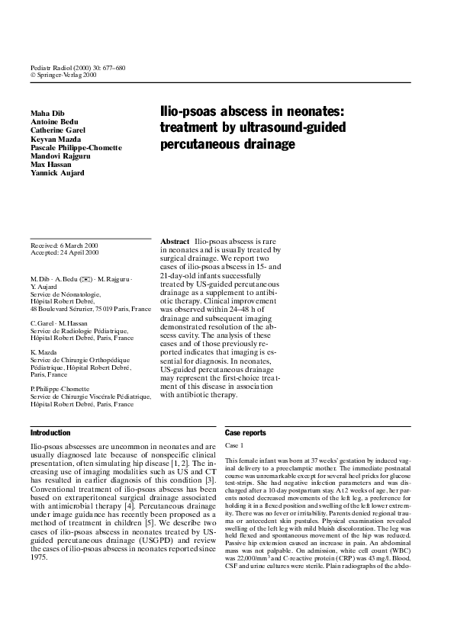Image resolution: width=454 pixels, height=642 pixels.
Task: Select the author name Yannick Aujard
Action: click(x=57, y=172)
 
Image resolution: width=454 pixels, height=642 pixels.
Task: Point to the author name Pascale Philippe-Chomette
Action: click(x=76, y=147)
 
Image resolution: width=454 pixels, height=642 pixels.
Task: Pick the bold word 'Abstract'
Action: click(x=175, y=240)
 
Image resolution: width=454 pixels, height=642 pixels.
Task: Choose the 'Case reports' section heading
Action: click(x=246, y=433)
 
